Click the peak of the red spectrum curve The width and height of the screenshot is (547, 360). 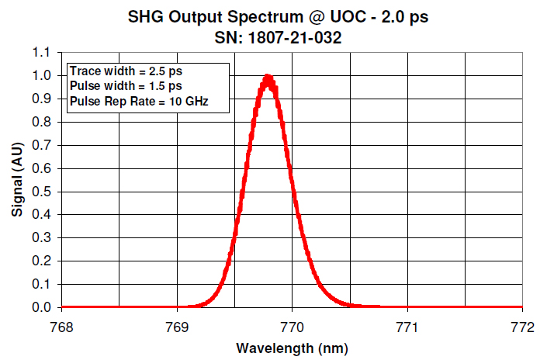coord(268,77)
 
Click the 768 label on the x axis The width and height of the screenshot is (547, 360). coord(61,326)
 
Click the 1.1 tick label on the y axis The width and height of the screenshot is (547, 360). coord(43,53)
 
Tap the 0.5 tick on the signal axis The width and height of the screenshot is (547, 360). coord(43,192)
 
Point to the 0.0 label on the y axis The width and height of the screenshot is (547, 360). coord(43,307)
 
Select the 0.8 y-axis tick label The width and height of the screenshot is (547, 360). coord(43,122)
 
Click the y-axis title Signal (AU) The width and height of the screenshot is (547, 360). coord(16,179)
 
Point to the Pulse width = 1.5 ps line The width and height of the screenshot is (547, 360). coord(116,85)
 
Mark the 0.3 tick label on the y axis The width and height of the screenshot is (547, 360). coord(43,238)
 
